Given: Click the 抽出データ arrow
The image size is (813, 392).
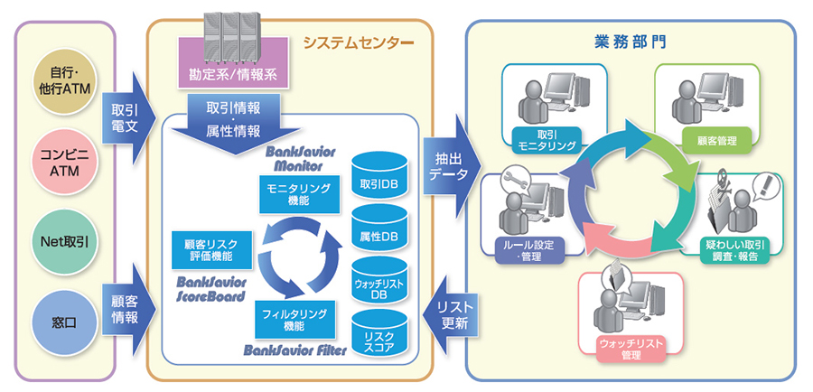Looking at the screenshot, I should (x=445, y=164).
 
